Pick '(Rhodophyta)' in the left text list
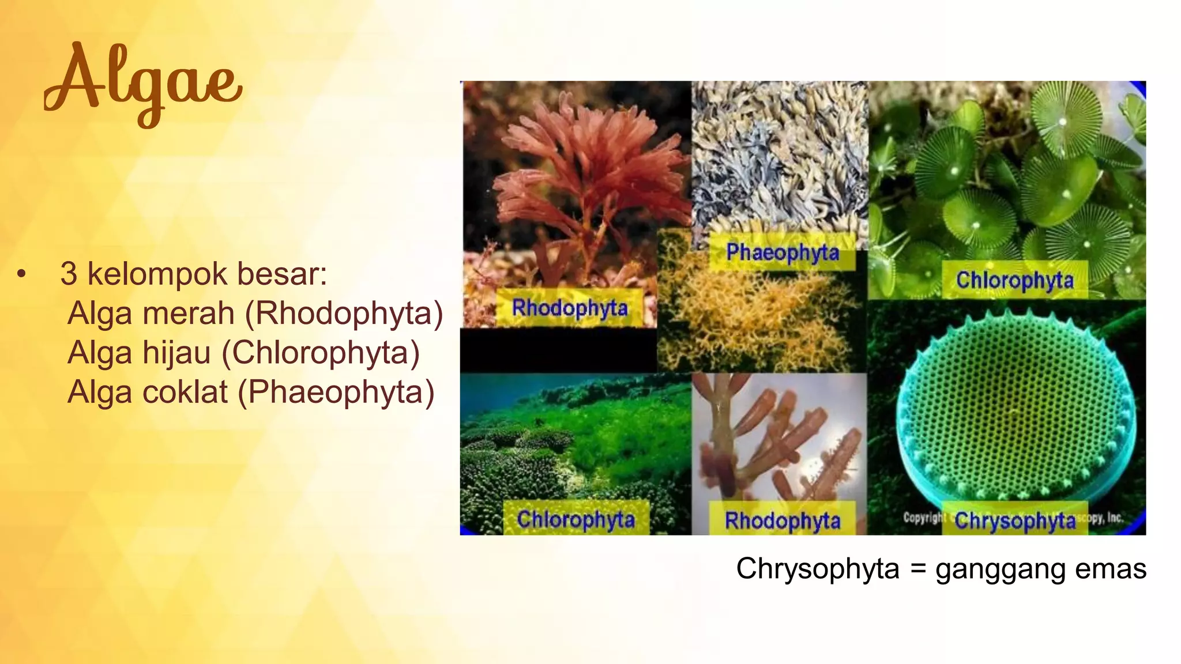pos(344,314)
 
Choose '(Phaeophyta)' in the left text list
pos(336,392)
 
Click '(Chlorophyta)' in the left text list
pos(321,353)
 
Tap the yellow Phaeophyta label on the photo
pos(782,252)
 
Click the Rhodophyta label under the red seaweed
pos(570,308)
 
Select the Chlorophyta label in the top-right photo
pos(1014,280)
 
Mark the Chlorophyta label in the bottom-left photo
pos(576,519)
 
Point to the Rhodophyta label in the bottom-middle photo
pos(782,520)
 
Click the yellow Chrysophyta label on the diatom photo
pos(1015,520)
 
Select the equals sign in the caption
pos(918,569)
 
